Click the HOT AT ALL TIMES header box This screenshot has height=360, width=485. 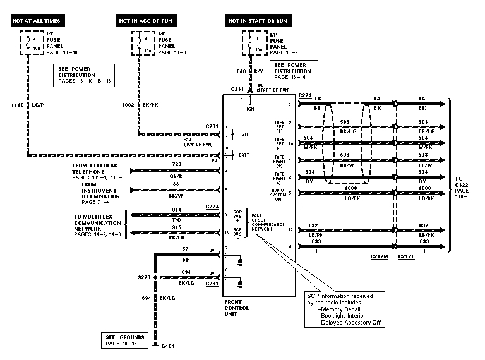[x=37, y=21]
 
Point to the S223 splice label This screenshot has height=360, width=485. [x=144, y=276]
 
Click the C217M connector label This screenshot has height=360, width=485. [x=380, y=257]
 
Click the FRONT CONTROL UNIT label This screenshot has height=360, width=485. [x=237, y=308]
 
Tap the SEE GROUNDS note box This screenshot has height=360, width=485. [x=126, y=340]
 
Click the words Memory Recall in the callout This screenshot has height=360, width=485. [x=344, y=310]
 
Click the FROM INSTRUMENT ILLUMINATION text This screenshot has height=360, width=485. [x=101, y=192]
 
